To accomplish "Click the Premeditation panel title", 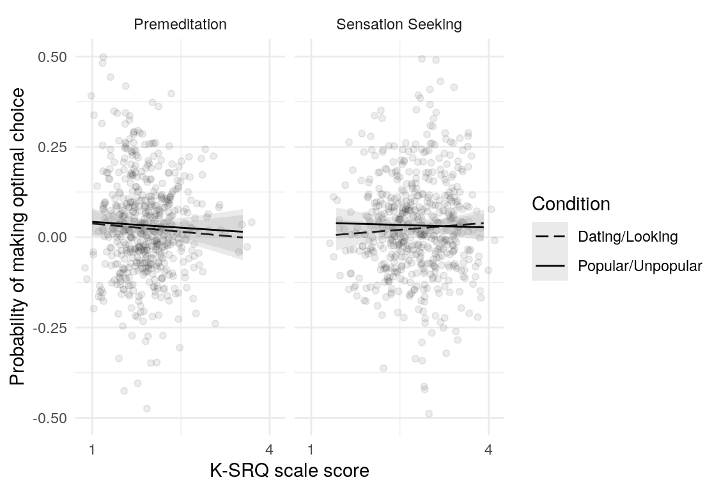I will (x=180, y=25).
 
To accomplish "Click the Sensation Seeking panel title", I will (x=399, y=25).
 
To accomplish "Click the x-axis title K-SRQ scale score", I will (x=290, y=471).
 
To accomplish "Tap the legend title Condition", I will (x=571, y=205).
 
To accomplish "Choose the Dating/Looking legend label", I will (x=627, y=237).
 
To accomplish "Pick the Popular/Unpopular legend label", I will (x=639, y=266).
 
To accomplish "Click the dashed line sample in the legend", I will (x=550, y=237).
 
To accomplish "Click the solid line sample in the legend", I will (x=550, y=266).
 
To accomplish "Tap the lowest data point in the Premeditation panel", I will (x=147, y=409).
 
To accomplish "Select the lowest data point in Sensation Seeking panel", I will (x=429, y=414).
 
